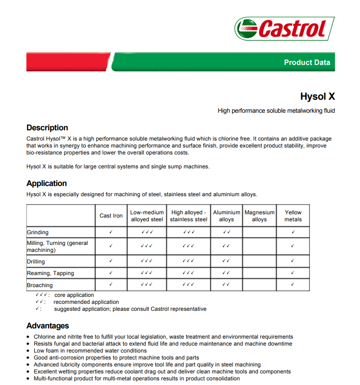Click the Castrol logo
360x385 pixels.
pos(284,29)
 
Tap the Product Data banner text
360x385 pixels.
pos(307,63)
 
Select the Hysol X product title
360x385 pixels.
pos(317,96)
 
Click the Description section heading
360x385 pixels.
pos(47,128)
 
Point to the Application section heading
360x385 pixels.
pos(46,183)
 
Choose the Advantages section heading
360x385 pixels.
pos(48,326)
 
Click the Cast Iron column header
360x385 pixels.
pos(111,216)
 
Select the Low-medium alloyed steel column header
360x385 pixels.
pos(147,216)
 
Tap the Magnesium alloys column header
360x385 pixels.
pos(259,216)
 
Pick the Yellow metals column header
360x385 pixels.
pos(293,216)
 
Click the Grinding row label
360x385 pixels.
pos(38,232)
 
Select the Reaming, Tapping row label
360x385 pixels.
pos(51,273)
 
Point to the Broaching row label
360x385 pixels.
pos(40,285)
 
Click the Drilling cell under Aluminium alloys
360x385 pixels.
pos(226,261)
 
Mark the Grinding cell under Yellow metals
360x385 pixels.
pos(293,232)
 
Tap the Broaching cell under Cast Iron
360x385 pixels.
pos(111,285)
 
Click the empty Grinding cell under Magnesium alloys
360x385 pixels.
pos(259,232)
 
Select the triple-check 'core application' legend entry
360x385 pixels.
pos(65,295)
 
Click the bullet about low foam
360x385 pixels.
pos(90,351)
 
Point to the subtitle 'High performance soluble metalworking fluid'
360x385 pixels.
pos(276,111)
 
